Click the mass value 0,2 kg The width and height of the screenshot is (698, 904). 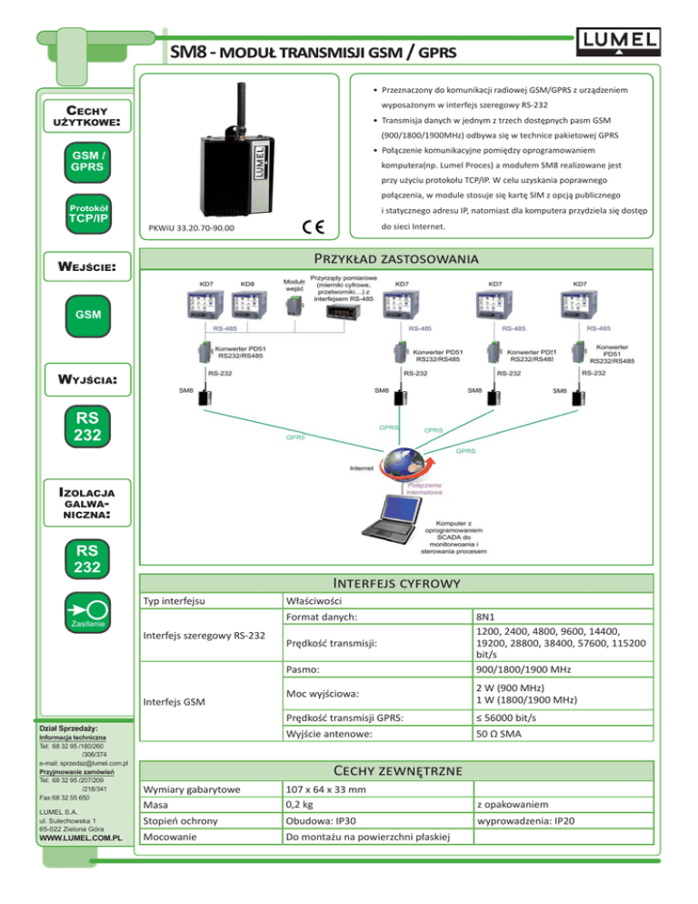click(x=300, y=806)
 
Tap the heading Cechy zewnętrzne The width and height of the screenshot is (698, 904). click(x=404, y=769)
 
